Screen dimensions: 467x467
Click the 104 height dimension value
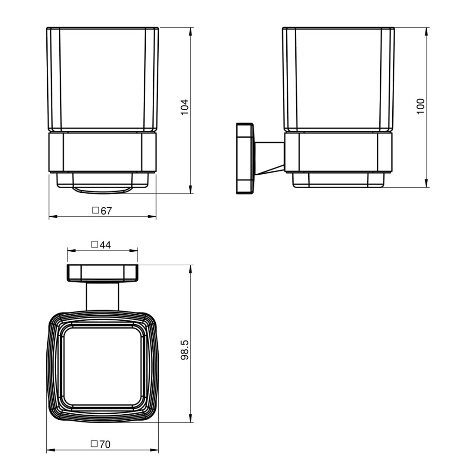[184, 107]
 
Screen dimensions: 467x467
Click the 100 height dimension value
[421, 106]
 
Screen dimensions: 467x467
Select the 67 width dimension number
[106, 211]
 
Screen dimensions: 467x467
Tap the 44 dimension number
[105, 245]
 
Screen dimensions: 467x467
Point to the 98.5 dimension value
[184, 350]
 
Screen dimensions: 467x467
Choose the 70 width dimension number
[105, 445]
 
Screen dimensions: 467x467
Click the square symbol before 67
[95, 210]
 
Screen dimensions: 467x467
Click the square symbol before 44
[94, 245]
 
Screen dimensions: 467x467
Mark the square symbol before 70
[94, 444]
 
